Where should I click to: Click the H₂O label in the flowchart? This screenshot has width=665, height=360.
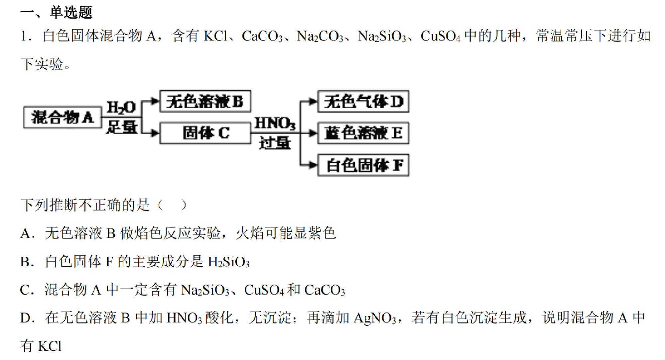click(x=121, y=107)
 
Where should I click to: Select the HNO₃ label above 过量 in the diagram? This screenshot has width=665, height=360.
click(x=275, y=123)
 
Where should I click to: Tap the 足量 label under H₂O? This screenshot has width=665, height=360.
click(x=122, y=127)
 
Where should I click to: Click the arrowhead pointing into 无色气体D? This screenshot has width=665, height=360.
click(x=313, y=101)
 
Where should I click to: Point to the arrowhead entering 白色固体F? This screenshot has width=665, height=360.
click(x=313, y=165)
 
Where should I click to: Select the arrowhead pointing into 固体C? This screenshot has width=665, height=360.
click(x=155, y=133)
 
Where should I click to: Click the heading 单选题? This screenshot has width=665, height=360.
click(x=71, y=12)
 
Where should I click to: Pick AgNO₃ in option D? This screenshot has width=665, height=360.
click(x=375, y=318)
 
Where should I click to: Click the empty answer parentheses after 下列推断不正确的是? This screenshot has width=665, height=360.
click(x=172, y=205)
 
